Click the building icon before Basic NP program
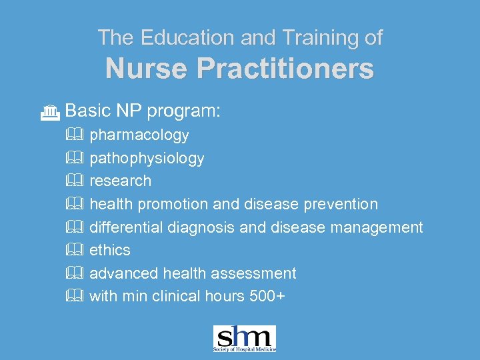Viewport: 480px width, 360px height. (50, 113)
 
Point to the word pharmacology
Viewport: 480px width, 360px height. (139, 135)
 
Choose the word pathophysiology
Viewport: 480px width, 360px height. (147, 159)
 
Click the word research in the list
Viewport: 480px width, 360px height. (120, 181)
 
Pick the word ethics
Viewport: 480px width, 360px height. (110, 250)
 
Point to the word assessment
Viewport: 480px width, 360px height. (257, 273)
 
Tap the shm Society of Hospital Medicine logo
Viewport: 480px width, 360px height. (244, 339)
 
